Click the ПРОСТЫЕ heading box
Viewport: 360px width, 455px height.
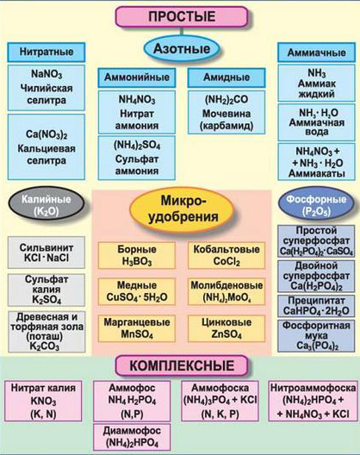(182, 16)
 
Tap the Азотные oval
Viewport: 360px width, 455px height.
(182, 48)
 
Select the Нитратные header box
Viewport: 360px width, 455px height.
(47, 52)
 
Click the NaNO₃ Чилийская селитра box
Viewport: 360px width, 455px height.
(47, 87)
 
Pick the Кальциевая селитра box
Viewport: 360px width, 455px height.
(47, 146)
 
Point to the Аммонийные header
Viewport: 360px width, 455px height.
(137, 78)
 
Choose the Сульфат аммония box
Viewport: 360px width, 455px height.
(137, 158)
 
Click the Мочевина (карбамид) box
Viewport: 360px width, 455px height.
(227, 112)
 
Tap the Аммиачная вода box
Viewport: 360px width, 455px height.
(316, 122)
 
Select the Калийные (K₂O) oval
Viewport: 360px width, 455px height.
(47, 204)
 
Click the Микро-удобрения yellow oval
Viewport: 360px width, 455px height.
(182, 209)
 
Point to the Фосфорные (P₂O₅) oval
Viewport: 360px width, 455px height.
(316, 205)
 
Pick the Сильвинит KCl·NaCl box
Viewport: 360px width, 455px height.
(47, 252)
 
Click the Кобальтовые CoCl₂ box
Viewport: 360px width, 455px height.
(227, 255)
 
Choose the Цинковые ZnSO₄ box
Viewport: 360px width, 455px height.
(227, 328)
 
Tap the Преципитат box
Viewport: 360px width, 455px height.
(316, 306)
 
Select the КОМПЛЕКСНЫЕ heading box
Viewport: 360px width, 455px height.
(182, 365)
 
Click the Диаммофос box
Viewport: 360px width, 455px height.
(132, 437)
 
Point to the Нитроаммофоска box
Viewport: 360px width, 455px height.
(313, 401)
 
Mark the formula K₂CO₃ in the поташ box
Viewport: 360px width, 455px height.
(45, 346)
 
